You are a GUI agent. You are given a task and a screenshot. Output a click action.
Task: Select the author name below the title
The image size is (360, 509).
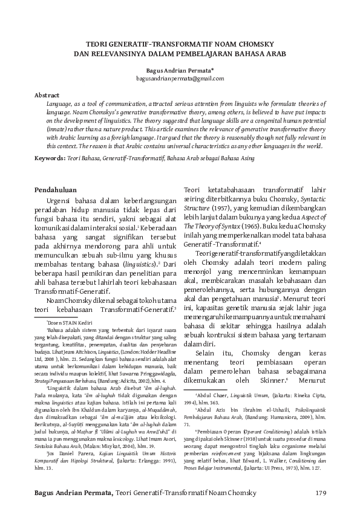pos(180,70)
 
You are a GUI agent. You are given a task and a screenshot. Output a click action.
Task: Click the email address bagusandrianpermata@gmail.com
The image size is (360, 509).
pos(180,79)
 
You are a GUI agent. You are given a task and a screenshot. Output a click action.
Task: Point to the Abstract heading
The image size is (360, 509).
pos(47,96)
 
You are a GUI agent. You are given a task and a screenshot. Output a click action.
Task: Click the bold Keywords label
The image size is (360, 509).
pos(49,158)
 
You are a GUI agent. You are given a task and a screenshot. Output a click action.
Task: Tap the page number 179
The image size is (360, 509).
pos(321,494)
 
